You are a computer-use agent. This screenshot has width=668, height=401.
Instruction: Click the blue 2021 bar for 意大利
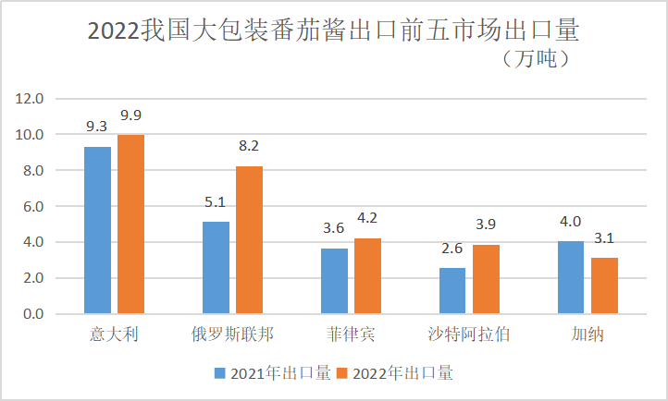pos(97,230)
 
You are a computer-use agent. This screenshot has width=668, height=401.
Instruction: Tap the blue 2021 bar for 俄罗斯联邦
pos(216,268)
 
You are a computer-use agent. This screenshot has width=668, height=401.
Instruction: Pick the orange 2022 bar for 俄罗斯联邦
pos(249,240)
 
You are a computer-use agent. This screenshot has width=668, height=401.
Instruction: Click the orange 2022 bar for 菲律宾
pos(367,276)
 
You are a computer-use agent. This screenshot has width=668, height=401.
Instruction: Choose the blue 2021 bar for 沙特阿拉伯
pos(452,291)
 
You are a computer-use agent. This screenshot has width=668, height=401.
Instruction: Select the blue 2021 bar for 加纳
pos(571,278)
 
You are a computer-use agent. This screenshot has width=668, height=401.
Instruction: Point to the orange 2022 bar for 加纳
pos(604,286)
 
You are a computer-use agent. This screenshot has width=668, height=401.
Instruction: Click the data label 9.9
pos(130,115)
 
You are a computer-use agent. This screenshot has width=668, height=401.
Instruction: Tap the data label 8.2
pos(249,146)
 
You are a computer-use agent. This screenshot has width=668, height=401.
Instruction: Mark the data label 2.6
pos(453,248)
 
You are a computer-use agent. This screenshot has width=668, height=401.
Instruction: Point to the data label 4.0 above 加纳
pos(571,221)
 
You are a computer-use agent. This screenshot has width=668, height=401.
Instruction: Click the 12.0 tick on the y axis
pos(32,99)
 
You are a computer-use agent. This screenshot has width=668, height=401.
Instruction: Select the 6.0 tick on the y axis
pos(32,207)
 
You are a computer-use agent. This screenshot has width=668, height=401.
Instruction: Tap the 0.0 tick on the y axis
pos(32,315)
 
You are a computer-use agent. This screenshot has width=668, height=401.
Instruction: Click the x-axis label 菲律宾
pos(351,334)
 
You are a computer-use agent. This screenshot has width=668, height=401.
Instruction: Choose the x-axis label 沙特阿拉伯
pos(469,334)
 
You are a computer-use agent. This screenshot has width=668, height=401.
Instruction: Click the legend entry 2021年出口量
pos(273,374)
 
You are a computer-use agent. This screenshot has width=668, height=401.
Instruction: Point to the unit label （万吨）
pos(536,60)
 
